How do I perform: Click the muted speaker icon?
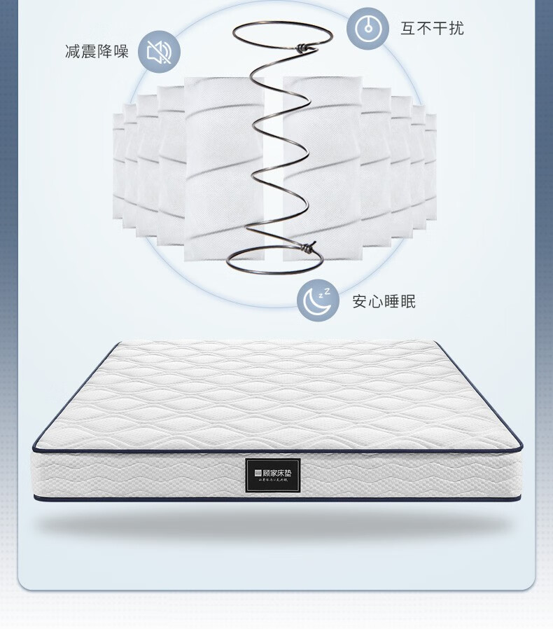[x=159, y=52]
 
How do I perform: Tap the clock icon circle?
[x=368, y=29]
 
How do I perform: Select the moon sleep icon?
[x=318, y=300]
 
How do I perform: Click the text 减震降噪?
[x=97, y=52]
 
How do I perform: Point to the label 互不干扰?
[x=432, y=28]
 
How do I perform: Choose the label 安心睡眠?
[x=384, y=302]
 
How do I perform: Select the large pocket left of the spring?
[x=223, y=168]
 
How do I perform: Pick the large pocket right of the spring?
[x=322, y=168]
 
